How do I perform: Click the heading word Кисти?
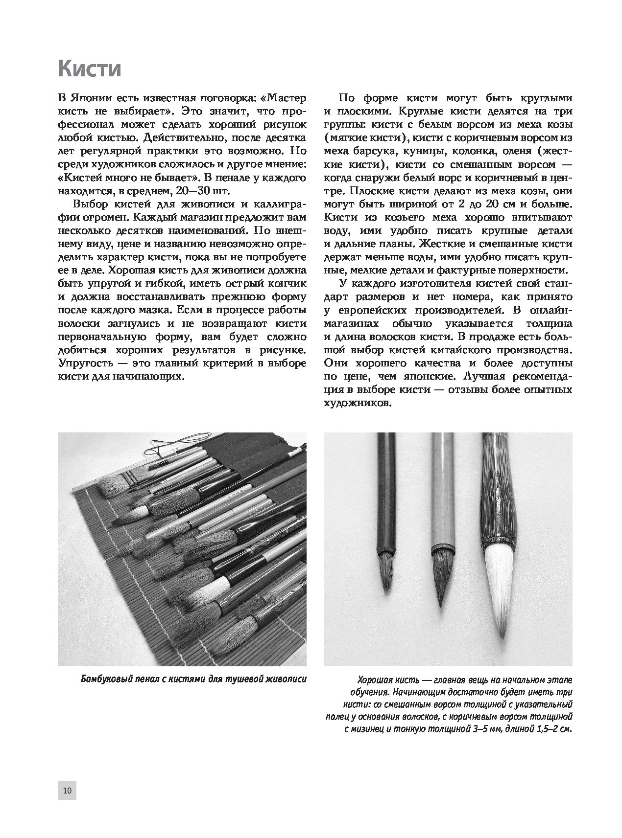pos(89,69)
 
